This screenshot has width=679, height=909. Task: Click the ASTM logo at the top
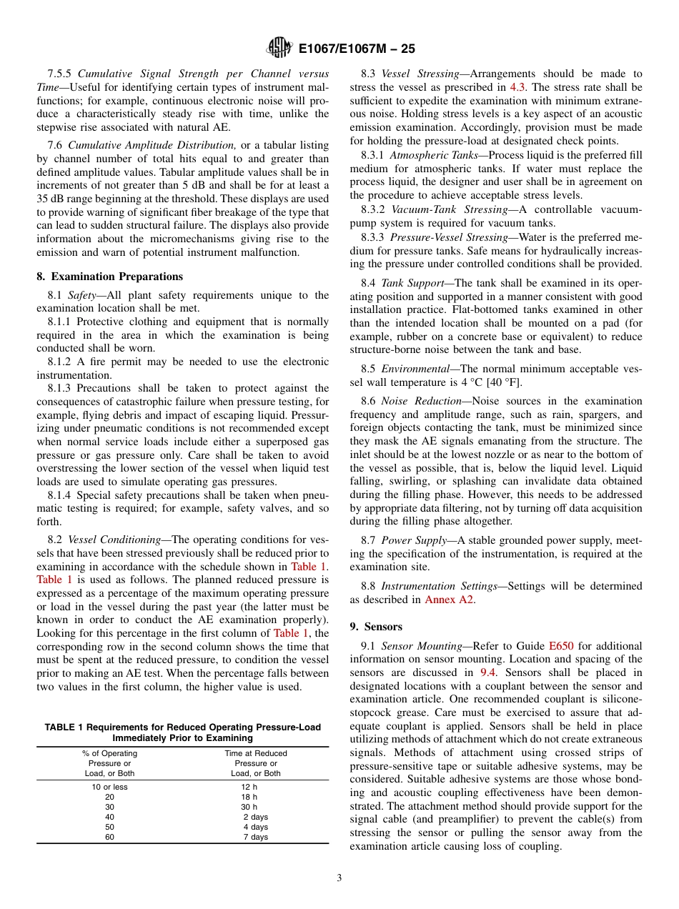(279, 48)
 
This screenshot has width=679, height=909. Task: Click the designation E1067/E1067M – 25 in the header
(356, 49)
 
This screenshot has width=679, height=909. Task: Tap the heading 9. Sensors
(376, 627)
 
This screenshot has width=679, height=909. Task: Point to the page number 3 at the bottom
(339, 878)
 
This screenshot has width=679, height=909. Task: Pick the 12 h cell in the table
(249, 787)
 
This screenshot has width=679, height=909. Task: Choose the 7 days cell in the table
(255, 837)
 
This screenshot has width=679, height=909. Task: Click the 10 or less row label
(109, 787)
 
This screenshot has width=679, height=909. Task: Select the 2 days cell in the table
(255, 817)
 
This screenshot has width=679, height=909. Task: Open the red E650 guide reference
(560, 646)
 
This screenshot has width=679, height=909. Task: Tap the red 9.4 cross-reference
(490, 672)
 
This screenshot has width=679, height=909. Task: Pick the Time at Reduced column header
(255, 753)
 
